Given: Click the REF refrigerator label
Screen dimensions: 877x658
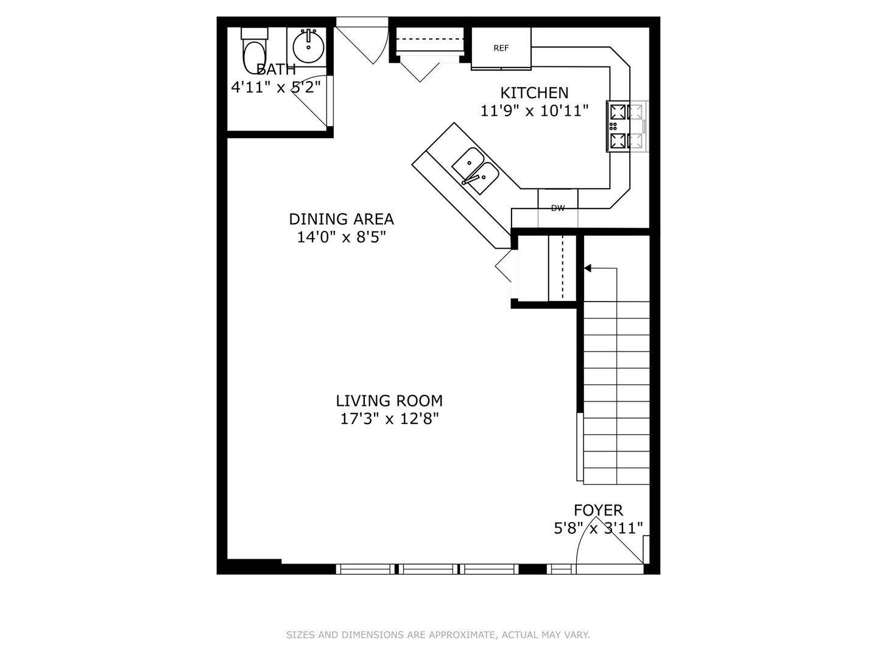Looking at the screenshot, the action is [501, 48].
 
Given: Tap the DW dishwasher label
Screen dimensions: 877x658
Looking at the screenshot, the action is [558, 208].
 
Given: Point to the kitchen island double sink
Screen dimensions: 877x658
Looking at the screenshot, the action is [476, 171].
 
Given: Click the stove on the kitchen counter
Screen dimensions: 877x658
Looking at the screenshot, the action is [626, 126].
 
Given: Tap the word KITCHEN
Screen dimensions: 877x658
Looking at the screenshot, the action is [534, 93].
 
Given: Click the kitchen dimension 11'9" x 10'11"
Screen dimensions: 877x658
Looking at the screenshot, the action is [534, 111].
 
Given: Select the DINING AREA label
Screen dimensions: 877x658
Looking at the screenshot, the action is [341, 219].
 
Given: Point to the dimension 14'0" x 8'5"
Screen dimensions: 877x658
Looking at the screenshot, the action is [341, 238].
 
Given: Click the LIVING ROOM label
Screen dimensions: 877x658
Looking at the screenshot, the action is [389, 401].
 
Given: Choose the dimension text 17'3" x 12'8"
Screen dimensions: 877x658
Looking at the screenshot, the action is [389, 419].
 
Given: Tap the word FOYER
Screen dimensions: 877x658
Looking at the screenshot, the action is [598, 511].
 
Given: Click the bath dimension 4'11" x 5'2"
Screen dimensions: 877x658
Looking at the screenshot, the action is [276, 87].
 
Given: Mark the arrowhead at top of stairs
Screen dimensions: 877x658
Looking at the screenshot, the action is [587, 268].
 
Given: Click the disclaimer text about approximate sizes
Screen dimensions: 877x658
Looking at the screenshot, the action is [438, 635].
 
